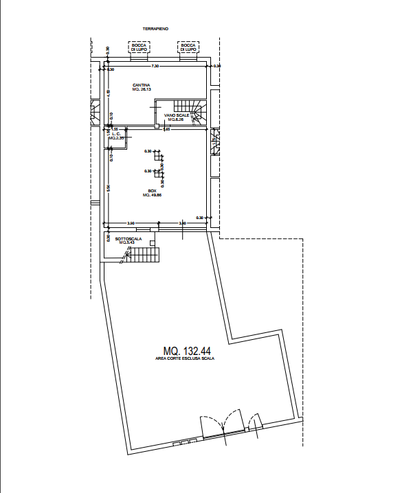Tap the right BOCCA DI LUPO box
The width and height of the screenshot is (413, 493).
tap(188, 48)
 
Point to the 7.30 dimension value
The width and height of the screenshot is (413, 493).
tap(155, 66)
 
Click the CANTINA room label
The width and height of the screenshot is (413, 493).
tap(142, 85)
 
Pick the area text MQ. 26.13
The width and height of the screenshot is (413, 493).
tap(142, 90)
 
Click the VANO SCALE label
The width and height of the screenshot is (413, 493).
tap(177, 115)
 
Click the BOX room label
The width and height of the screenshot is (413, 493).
tap(152, 191)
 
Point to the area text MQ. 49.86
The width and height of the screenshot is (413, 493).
tap(152, 196)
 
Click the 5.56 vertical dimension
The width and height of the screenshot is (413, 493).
tap(109, 187)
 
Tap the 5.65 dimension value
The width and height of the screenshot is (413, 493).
tap(165, 130)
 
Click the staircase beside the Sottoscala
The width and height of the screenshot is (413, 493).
tap(145, 256)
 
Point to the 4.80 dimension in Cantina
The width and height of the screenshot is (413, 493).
tap(109, 92)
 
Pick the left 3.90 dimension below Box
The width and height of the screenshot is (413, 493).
tap(131, 223)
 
